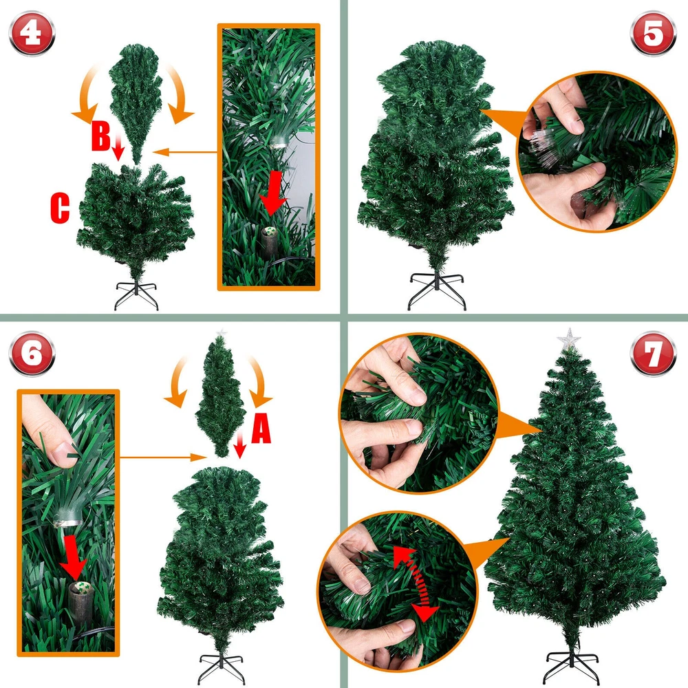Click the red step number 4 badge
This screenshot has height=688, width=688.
(32, 33)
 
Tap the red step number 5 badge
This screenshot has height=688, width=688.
(653, 33)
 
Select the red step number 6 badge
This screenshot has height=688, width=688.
(32, 353)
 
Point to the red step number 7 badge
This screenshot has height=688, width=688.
(653, 353)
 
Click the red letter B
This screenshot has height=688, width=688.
(100, 136)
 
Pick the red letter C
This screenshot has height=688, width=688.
(60, 208)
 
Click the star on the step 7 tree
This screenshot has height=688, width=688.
(569, 338)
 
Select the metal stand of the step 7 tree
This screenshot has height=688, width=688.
(571, 665)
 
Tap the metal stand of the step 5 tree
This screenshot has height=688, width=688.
(437, 290)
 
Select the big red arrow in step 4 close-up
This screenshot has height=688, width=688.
(273, 192)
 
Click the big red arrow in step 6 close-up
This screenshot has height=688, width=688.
(74, 557)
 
